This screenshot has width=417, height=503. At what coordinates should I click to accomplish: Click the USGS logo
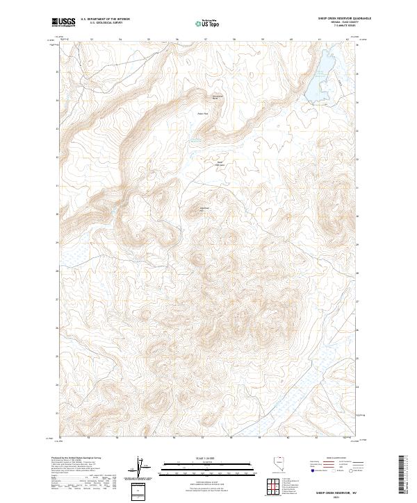(x=63, y=22)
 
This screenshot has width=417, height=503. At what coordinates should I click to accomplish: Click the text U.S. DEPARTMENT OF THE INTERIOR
(x=105, y=19)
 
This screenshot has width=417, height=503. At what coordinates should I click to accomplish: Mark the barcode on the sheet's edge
(x=401, y=477)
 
